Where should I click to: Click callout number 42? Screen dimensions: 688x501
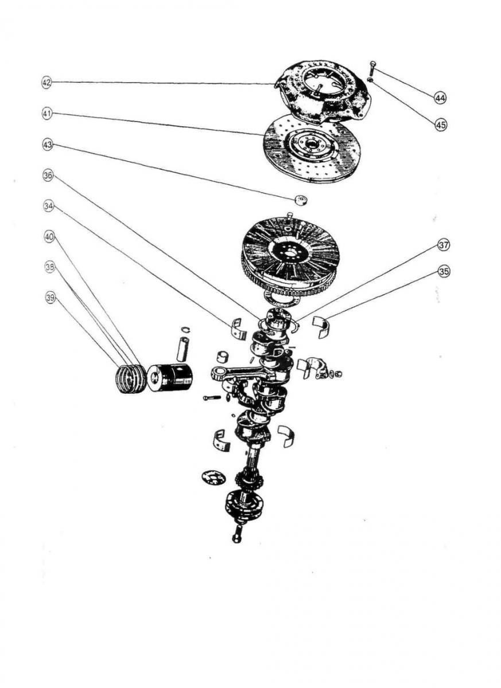[46, 83]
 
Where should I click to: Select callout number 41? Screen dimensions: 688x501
[46, 114]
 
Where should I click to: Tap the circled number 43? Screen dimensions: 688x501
[47, 146]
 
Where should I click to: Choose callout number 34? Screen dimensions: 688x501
[48, 205]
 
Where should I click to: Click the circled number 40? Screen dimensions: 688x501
[49, 235]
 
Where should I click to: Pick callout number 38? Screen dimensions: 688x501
[50, 267]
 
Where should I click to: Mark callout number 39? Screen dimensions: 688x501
[51, 297]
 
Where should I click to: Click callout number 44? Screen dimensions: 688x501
[440, 98]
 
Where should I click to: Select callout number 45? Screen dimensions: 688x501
[441, 124]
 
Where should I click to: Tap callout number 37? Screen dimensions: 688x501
[443, 245]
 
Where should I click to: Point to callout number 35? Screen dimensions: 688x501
[444, 272]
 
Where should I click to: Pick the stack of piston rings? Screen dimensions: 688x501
[131, 380]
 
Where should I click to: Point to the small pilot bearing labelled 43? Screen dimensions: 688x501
[300, 200]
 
